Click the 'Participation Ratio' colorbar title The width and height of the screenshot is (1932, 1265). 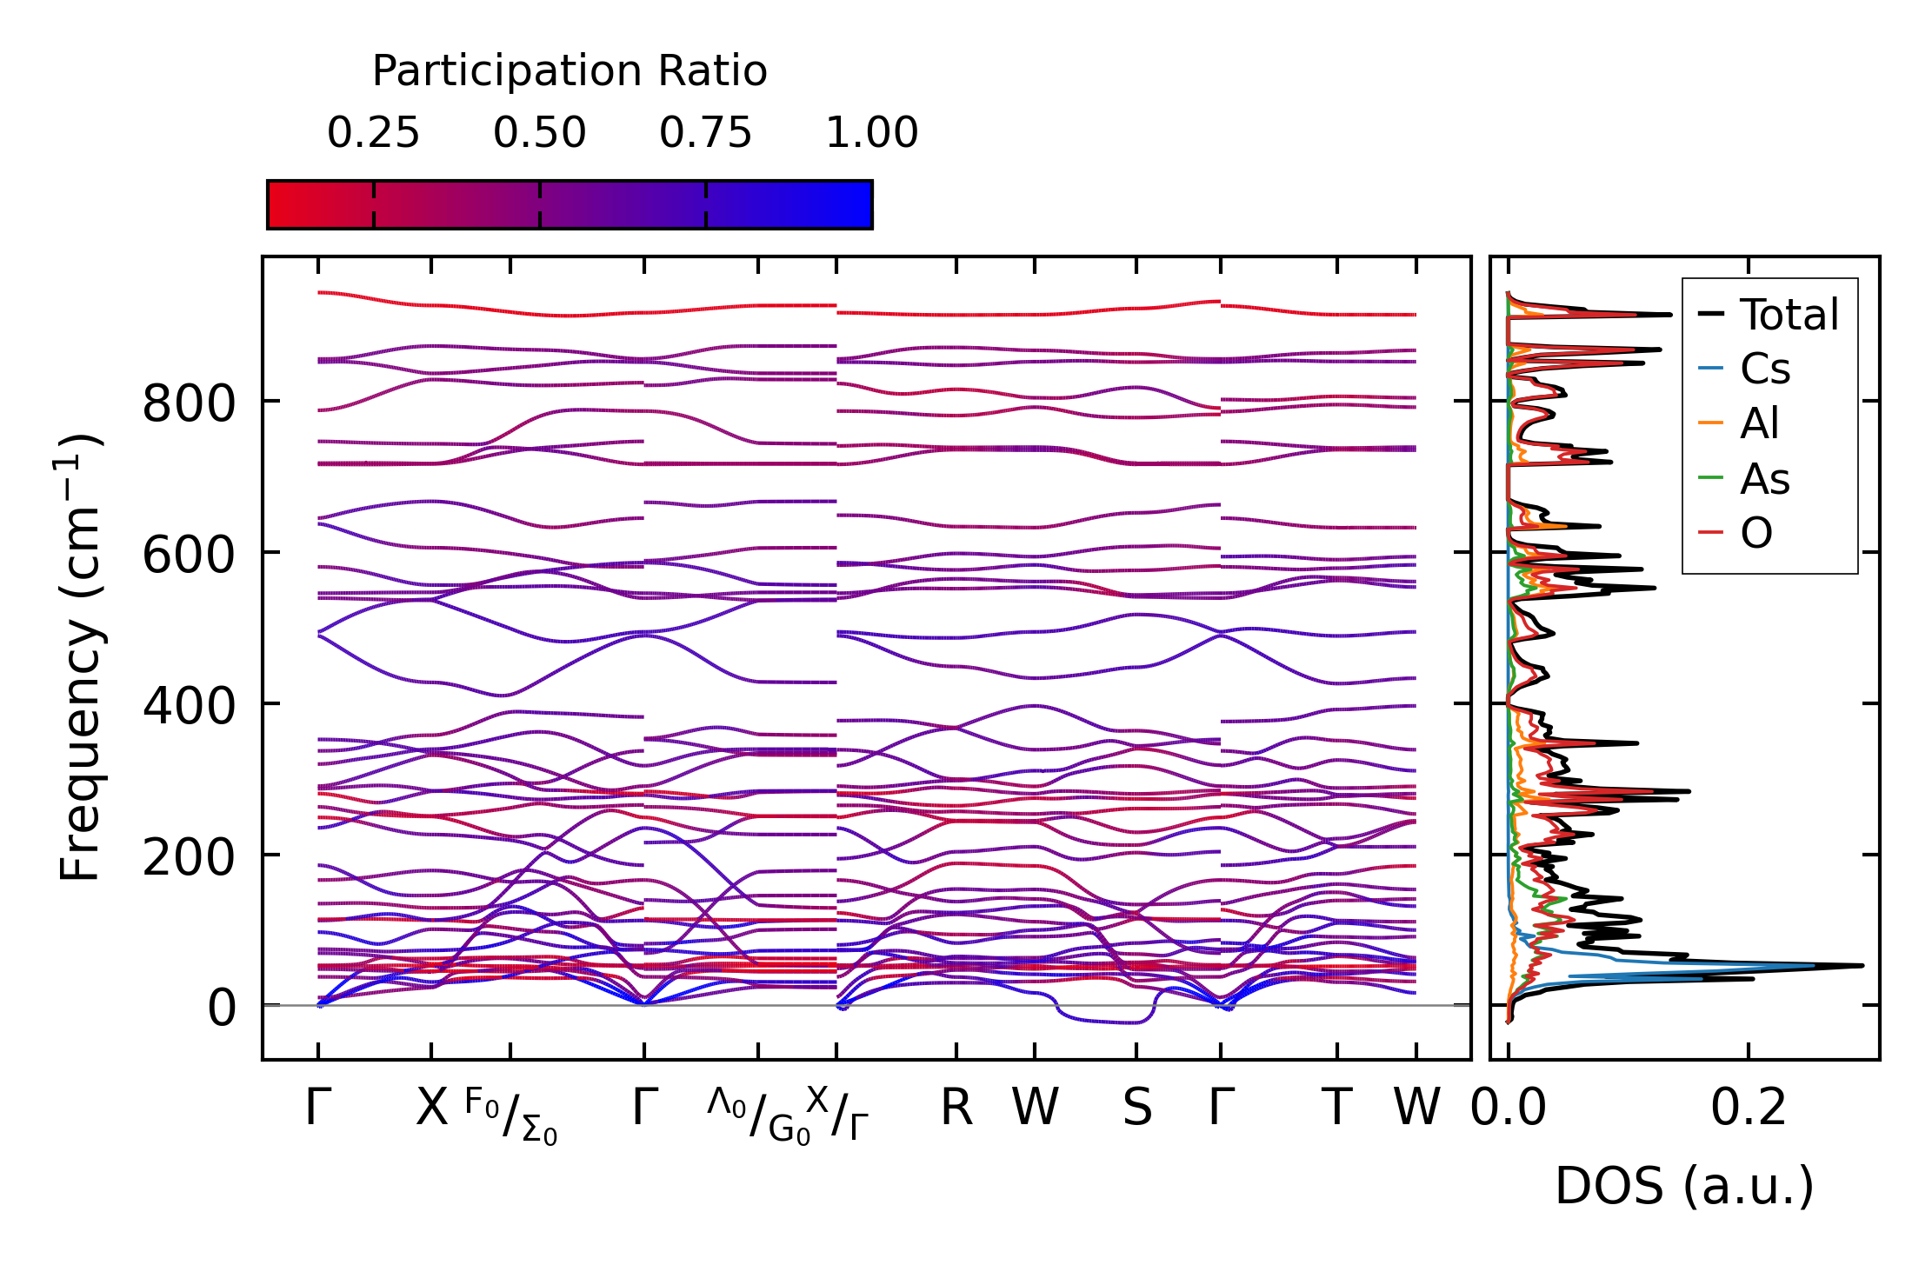(570, 71)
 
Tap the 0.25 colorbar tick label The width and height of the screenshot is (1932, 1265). (373, 133)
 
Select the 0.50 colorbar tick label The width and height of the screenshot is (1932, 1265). (539, 133)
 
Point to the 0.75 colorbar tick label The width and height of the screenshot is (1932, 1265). (705, 133)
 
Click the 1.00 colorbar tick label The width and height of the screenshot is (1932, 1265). (871, 133)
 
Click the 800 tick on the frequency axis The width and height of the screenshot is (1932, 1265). (189, 403)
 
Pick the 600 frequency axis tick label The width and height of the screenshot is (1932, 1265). (189, 555)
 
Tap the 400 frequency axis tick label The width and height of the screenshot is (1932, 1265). (189, 706)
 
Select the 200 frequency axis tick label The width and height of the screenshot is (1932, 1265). (189, 857)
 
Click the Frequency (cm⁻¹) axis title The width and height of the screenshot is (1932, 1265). (80, 657)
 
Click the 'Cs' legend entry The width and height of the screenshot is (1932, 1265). (1764, 370)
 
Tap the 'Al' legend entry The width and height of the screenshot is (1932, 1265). (1759, 424)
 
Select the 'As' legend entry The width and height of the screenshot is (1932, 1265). (1764, 479)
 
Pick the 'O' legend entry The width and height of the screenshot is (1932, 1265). (1755, 533)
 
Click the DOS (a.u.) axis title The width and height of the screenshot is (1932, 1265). (1684, 1186)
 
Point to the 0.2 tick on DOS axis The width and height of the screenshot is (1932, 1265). (1749, 1109)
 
